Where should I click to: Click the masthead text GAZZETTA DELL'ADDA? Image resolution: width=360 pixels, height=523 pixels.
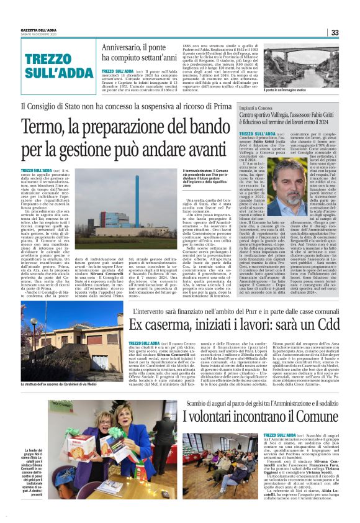39,30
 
